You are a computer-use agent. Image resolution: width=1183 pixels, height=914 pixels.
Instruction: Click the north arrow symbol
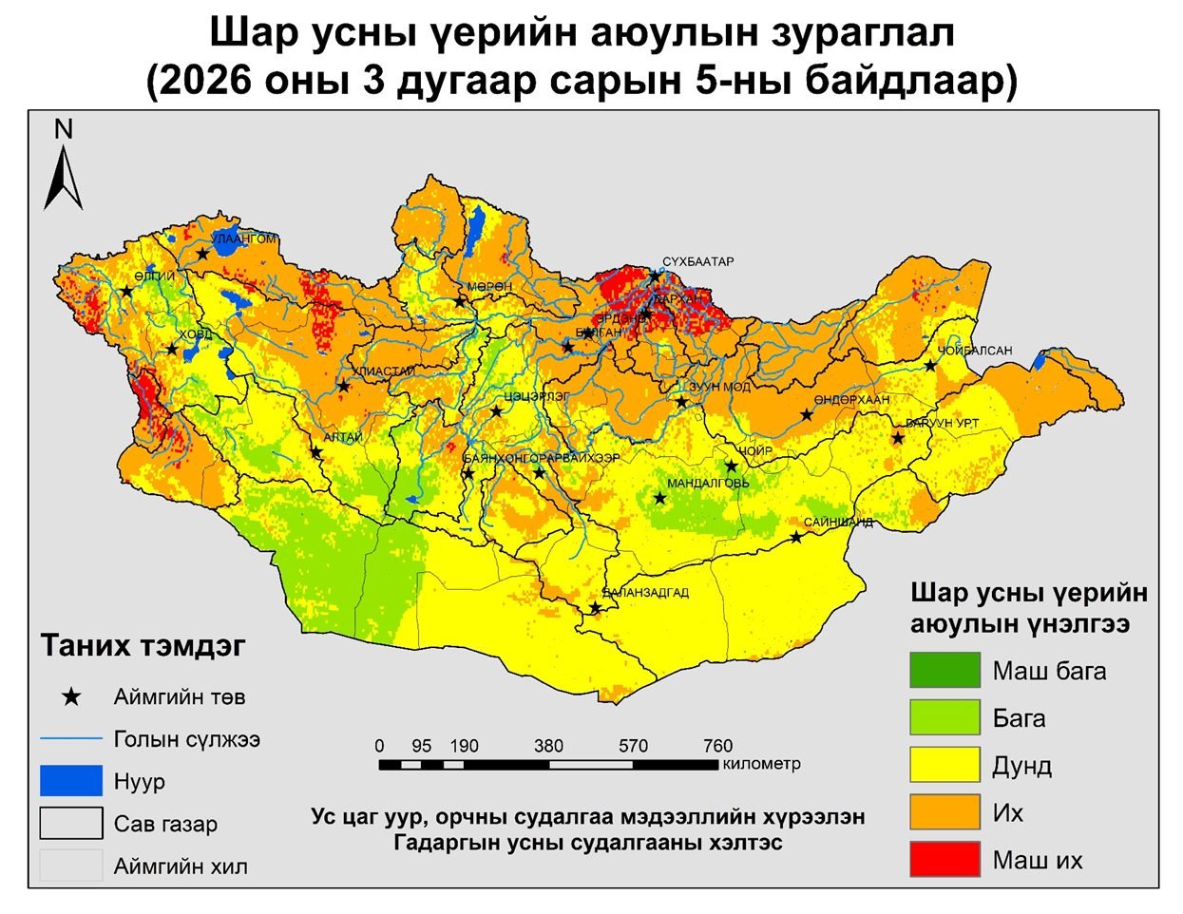pyautogui.click(x=63, y=171)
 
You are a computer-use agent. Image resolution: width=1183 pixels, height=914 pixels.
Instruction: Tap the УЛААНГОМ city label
pyautogui.click(x=244, y=239)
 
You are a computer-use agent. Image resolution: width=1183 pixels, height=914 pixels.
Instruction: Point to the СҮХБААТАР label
pyautogui.click(x=698, y=262)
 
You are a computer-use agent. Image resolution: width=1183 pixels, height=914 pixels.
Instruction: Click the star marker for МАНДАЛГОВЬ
pyautogui.click(x=659, y=498)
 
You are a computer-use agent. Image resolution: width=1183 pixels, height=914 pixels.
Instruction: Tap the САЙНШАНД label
pyautogui.click(x=838, y=523)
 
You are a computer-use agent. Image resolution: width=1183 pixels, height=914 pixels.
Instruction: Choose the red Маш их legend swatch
pyautogui.click(x=944, y=860)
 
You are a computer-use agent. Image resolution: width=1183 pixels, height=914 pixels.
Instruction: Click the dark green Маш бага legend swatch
pyautogui.click(x=944, y=671)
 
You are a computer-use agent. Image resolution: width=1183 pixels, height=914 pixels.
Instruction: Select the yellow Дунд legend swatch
pyautogui.click(x=944, y=766)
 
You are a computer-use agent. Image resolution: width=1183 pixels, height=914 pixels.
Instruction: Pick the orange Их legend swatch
pyautogui.click(x=944, y=812)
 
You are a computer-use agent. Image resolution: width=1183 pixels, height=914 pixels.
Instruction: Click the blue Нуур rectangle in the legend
pyautogui.click(x=70, y=781)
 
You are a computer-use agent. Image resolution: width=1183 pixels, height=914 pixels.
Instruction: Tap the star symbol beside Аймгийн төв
pyautogui.click(x=71, y=697)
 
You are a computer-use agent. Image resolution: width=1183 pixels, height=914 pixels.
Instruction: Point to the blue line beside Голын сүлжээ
pyautogui.click(x=70, y=738)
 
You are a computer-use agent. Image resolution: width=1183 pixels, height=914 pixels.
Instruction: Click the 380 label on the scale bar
pyautogui.click(x=548, y=746)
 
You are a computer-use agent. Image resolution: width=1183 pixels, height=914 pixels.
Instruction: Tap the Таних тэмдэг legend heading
pyautogui.click(x=143, y=646)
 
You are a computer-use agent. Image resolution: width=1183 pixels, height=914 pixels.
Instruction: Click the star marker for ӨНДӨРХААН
pyautogui.click(x=807, y=414)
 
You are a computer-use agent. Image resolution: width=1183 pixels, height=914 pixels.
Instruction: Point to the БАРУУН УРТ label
pyautogui.click(x=942, y=423)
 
